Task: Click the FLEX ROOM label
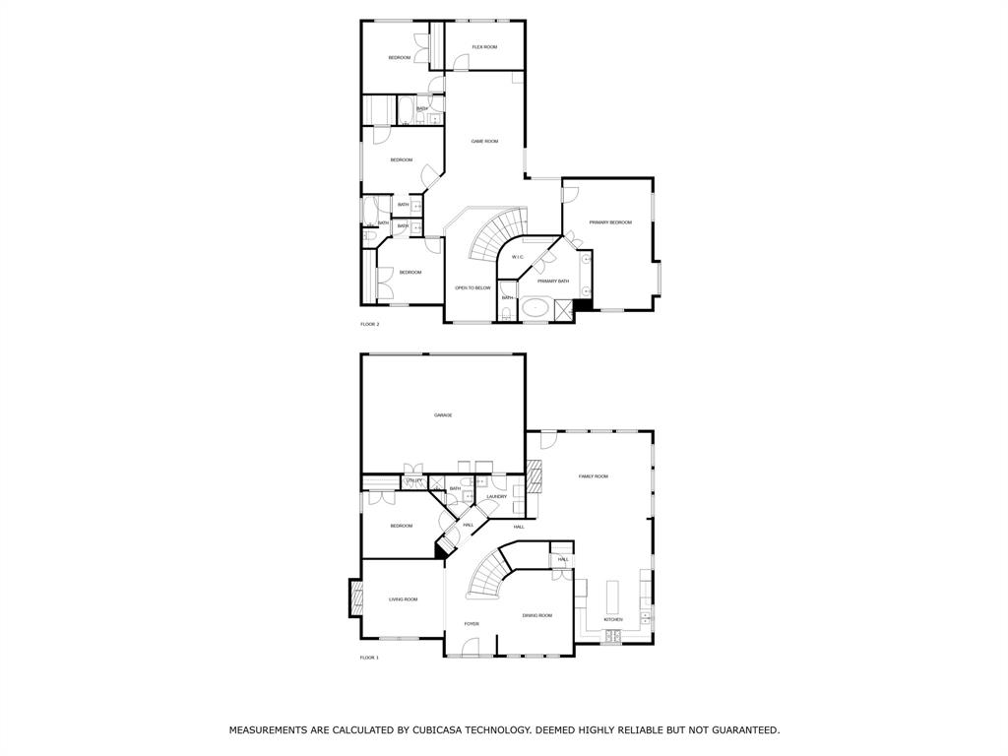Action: [484, 47]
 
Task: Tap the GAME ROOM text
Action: [484, 142]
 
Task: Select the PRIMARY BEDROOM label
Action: [610, 222]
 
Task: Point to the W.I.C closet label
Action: [517, 258]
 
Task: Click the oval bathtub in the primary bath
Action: [535, 307]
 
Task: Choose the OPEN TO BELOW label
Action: [472, 288]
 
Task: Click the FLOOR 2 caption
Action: [369, 324]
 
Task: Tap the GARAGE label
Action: [443, 415]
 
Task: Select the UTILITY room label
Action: [414, 480]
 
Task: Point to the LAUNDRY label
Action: [496, 497]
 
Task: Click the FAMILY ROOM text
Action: [593, 476]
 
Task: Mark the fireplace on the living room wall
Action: [355, 598]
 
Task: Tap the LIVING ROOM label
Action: [403, 599]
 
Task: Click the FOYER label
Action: [472, 624]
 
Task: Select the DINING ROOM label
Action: [537, 616]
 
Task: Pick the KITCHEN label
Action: [613, 620]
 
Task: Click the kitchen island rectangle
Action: [612, 597]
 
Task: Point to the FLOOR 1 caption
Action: [369, 658]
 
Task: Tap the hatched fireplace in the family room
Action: [535, 477]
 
